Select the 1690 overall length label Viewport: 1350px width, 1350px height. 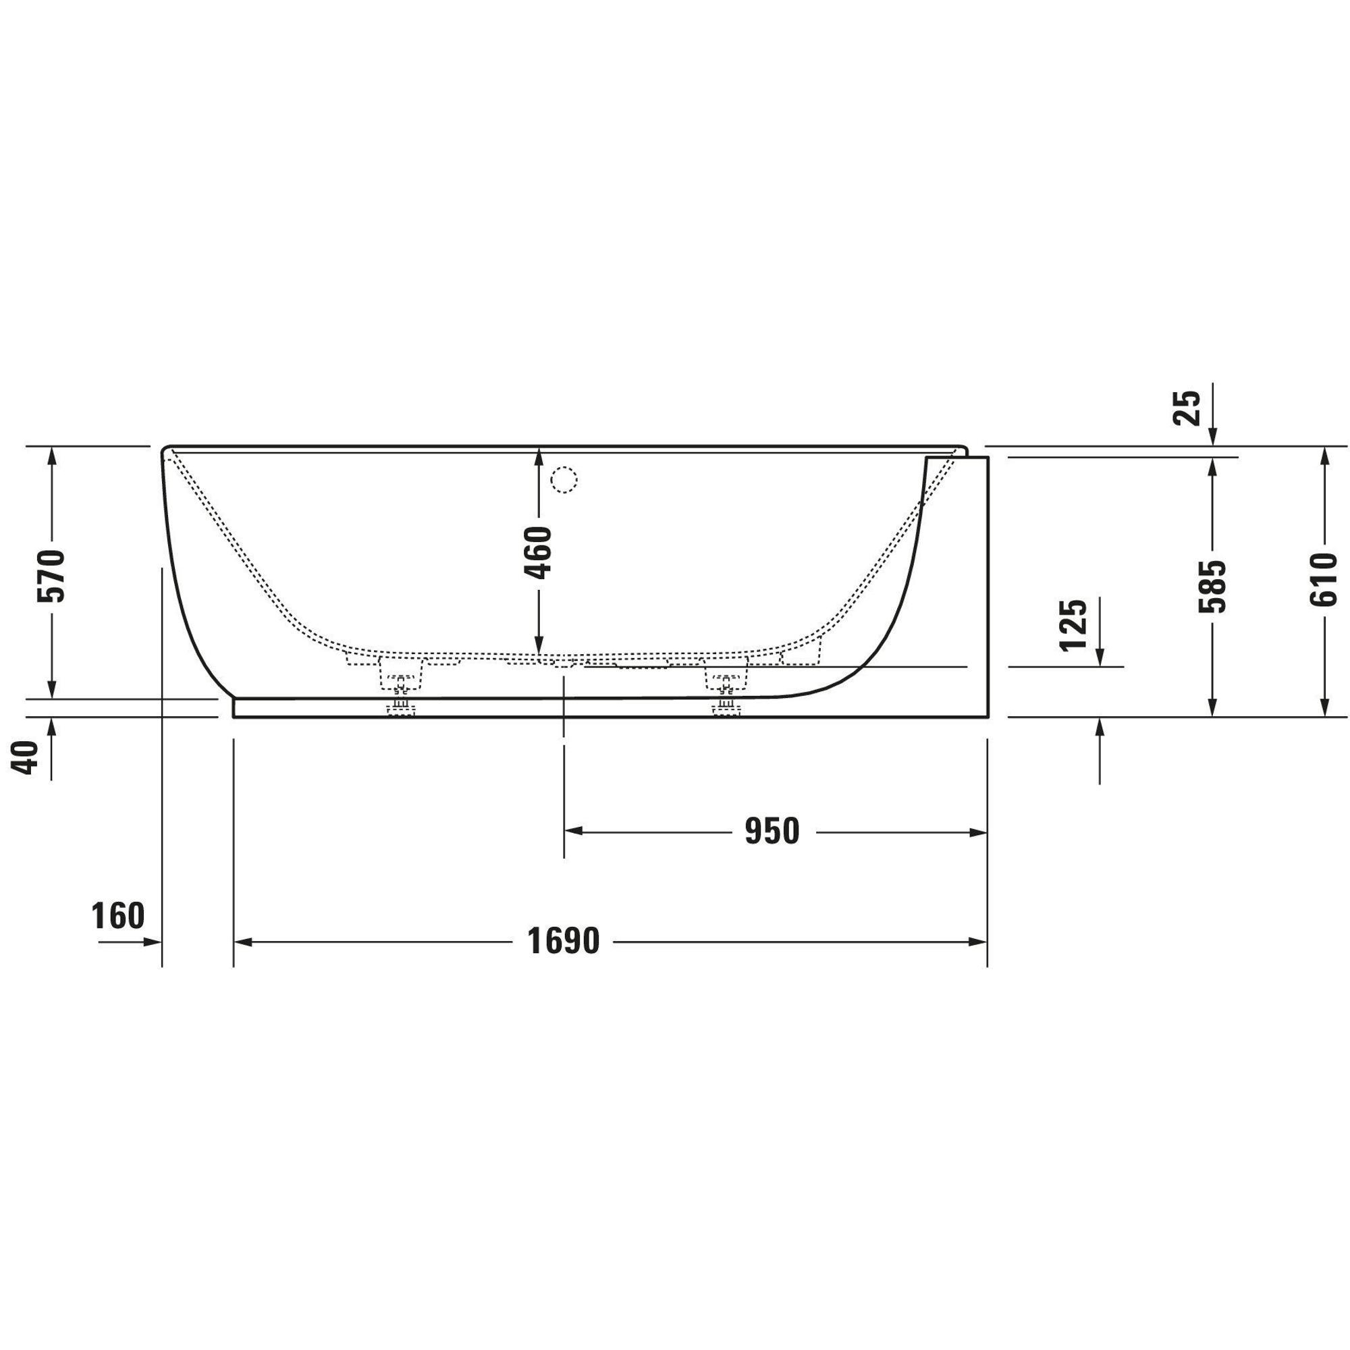coord(563,941)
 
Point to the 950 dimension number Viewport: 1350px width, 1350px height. coord(772,832)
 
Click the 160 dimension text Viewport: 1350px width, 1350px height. coord(118,916)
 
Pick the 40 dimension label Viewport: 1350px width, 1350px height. coord(26,757)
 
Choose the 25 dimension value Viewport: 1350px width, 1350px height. coord(1187,408)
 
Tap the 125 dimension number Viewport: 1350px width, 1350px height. coord(1074,624)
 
